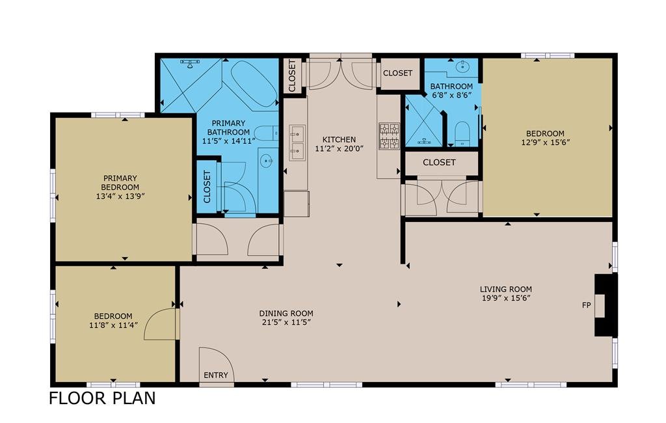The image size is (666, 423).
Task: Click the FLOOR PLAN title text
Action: (102, 398)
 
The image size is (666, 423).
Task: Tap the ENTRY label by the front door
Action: (216, 375)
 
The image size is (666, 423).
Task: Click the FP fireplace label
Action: (586, 305)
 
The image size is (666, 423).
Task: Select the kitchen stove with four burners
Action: (389, 135)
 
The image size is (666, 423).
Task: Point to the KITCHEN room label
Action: (339, 139)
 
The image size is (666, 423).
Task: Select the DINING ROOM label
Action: (286, 313)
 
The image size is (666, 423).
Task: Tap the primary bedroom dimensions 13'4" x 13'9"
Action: (120, 197)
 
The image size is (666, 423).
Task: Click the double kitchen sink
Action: (297, 143)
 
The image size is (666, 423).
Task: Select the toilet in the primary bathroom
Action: (268, 133)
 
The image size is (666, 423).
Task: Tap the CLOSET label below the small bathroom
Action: (439, 163)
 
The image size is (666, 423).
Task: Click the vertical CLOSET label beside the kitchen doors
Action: (292, 76)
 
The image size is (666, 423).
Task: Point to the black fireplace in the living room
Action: (605, 305)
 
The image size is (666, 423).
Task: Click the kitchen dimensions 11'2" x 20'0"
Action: (339, 149)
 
